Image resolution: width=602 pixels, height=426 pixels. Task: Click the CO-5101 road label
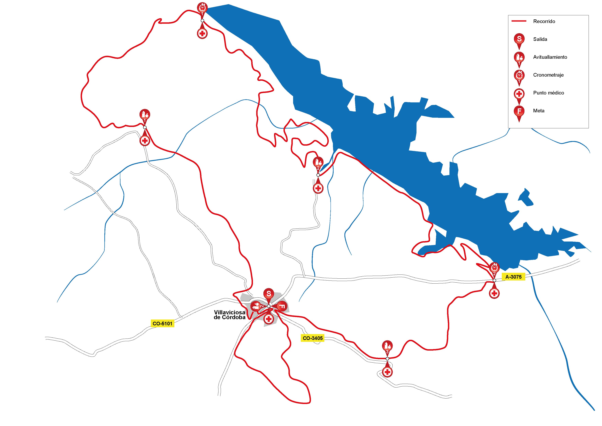pos(163,324)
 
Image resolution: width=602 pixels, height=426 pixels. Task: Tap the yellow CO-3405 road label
pos(312,338)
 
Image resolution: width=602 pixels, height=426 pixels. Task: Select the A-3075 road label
pos(513,277)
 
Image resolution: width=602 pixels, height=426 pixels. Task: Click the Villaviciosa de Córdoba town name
pos(230,315)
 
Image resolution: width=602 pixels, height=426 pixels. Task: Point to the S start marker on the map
pos(269,294)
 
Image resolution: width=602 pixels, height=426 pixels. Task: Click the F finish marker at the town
pos(282,306)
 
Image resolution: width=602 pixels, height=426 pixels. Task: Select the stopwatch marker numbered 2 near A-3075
pos(494,268)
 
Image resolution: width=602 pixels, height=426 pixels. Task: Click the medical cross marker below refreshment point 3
pos(387,372)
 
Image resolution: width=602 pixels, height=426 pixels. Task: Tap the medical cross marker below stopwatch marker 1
pos(202,33)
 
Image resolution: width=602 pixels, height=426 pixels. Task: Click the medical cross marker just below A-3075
pos(494,293)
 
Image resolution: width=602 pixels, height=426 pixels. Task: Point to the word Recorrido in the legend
pos(544,21)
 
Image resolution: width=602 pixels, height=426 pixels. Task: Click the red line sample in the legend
pos(519,21)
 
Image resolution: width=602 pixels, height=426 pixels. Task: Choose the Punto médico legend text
pos(548,93)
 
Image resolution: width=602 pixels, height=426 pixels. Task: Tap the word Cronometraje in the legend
pos(548,75)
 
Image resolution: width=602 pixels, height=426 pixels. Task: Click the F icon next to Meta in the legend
pos(519,111)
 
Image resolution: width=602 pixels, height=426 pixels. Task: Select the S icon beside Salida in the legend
pos(519,39)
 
